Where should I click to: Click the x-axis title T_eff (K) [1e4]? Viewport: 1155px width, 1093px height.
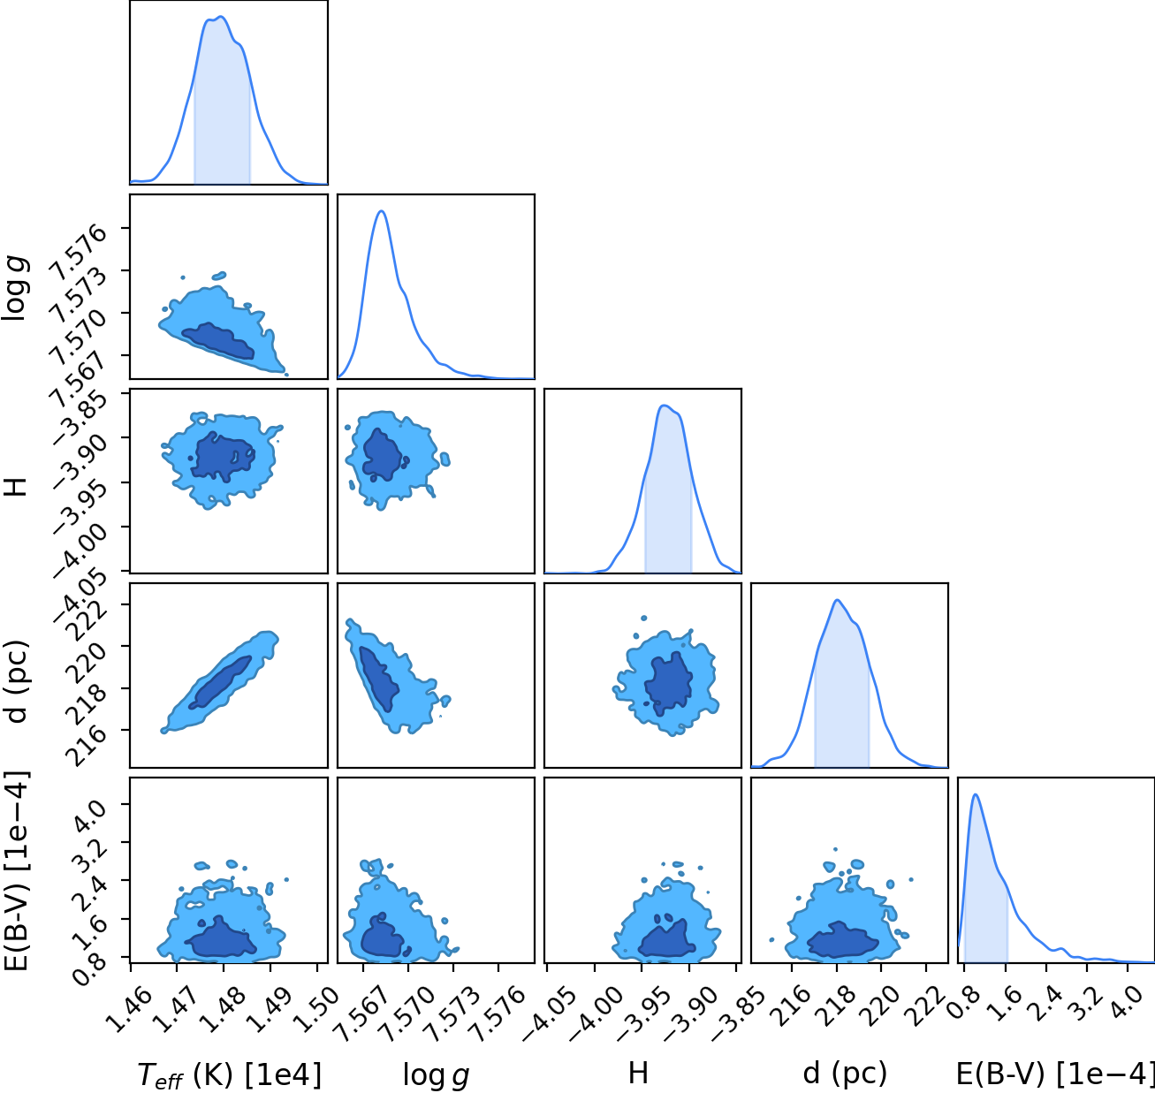pyautogui.click(x=230, y=1074)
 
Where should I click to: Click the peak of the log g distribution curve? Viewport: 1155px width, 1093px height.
pyautogui.click(x=381, y=210)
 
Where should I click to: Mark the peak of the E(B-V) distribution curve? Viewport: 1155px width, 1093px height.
pyautogui.click(x=976, y=794)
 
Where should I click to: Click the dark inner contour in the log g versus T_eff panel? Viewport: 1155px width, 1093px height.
pyautogui.click(x=218, y=340)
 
